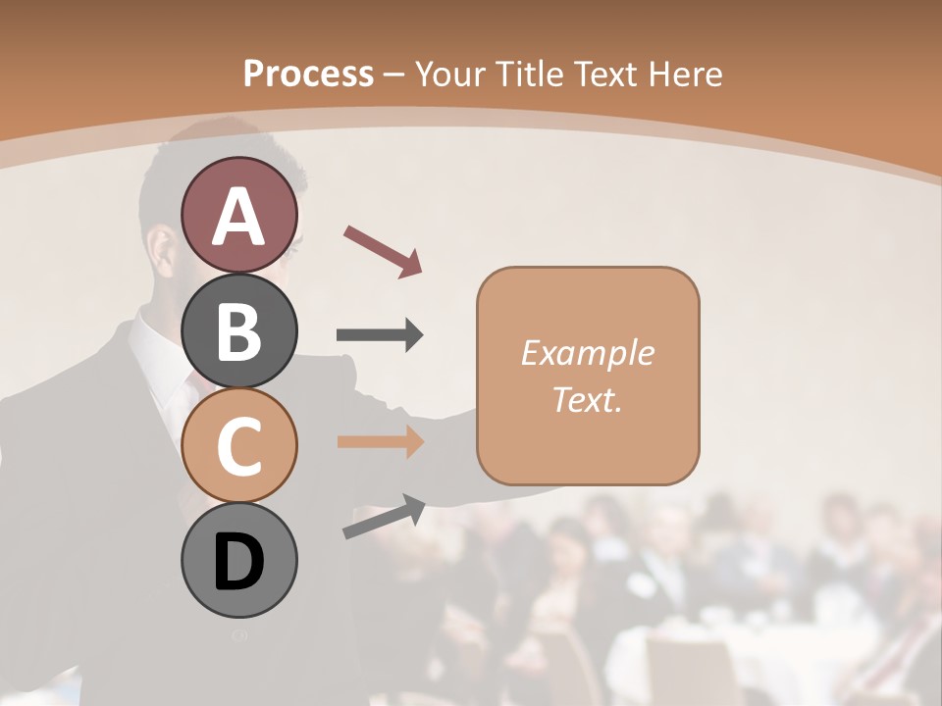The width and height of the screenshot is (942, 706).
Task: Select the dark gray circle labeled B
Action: click(238, 330)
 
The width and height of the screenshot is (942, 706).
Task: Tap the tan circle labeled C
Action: click(238, 446)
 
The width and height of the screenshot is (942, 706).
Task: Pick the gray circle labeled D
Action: click(238, 561)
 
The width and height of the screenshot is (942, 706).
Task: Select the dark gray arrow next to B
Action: click(380, 335)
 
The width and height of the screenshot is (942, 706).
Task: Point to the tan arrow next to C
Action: click(380, 442)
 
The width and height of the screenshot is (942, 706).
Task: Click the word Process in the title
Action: click(308, 74)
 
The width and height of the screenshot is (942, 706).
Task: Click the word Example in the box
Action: click(587, 353)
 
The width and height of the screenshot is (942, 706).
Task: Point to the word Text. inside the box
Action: click(587, 399)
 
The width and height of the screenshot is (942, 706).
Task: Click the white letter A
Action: click(238, 217)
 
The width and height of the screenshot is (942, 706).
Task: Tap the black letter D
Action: click(238, 563)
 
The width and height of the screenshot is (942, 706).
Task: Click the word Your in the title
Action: click(451, 74)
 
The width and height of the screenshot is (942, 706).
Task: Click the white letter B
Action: click(238, 331)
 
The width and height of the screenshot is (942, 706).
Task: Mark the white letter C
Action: click(238, 447)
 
